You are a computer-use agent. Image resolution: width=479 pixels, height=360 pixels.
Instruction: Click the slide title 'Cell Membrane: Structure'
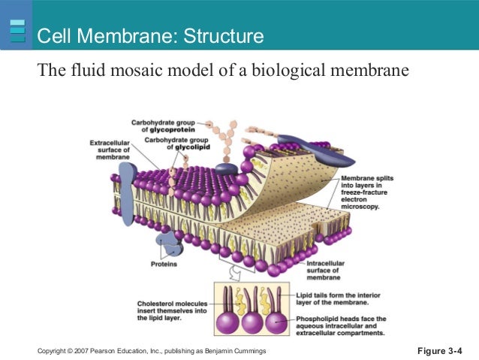(x=150, y=35)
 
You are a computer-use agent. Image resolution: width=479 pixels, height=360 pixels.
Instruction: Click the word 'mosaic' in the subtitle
(x=139, y=72)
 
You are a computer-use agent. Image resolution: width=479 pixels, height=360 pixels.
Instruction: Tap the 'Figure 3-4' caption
(x=439, y=350)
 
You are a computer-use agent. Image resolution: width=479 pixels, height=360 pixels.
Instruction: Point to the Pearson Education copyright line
(x=150, y=351)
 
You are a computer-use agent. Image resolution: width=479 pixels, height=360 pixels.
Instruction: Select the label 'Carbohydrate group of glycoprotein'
(x=162, y=125)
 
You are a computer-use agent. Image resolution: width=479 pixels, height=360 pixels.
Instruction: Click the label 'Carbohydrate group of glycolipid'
(x=173, y=144)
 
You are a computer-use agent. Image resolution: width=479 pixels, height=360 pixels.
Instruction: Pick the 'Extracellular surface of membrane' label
(x=110, y=149)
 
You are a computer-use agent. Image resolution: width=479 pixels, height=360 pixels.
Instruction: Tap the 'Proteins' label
(x=164, y=265)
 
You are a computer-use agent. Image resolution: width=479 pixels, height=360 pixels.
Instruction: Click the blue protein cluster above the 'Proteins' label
(x=166, y=245)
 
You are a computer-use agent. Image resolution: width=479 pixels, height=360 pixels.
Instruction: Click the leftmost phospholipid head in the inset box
(x=229, y=322)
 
